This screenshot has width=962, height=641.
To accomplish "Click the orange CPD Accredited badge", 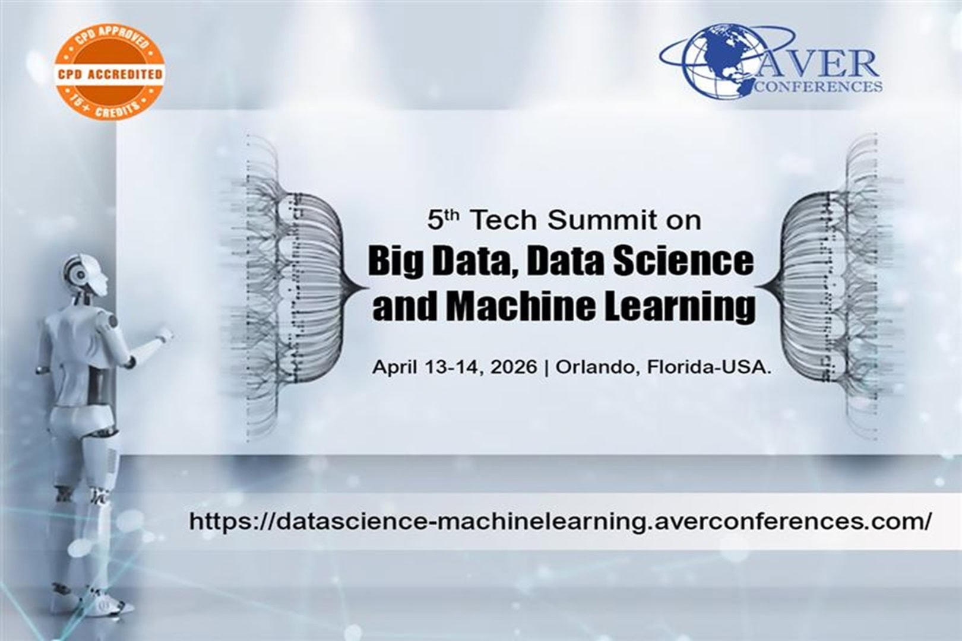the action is pos(110,73).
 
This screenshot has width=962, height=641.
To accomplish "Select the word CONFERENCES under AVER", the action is pos(818,86).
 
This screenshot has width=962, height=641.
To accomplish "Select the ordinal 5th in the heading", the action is pos(443,220).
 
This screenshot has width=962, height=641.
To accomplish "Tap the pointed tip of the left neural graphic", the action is pos(367,287).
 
